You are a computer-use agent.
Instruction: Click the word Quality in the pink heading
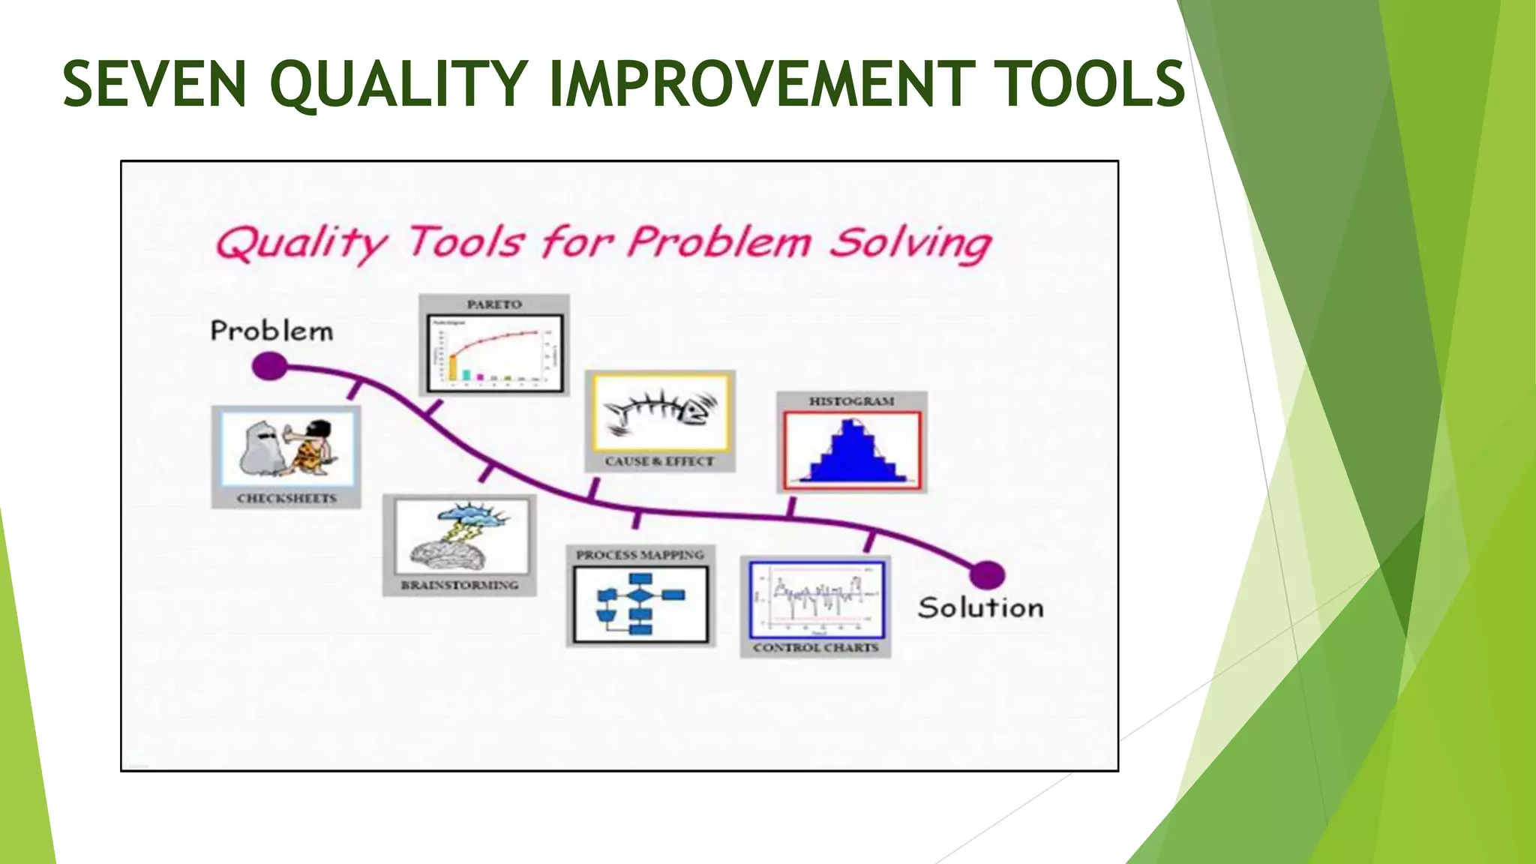[x=301, y=243]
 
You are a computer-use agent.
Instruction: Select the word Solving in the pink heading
[x=910, y=243]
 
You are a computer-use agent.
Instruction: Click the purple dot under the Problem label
[x=269, y=367]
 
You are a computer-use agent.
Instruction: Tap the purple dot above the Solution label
[x=987, y=575]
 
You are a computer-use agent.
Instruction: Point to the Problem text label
[x=271, y=331]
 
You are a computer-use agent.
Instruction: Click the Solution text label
[x=980, y=607]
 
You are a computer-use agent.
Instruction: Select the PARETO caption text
[x=494, y=304]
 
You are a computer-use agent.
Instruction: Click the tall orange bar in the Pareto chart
[x=453, y=368]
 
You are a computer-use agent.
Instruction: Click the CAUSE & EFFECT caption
[x=659, y=461]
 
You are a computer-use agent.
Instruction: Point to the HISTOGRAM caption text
[x=851, y=401]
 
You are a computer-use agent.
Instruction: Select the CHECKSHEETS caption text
[x=286, y=498]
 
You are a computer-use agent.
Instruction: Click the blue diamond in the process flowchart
[x=640, y=595]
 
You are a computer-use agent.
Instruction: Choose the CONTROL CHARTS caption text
[x=815, y=647]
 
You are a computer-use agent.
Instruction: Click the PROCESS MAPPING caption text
[x=640, y=555]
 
